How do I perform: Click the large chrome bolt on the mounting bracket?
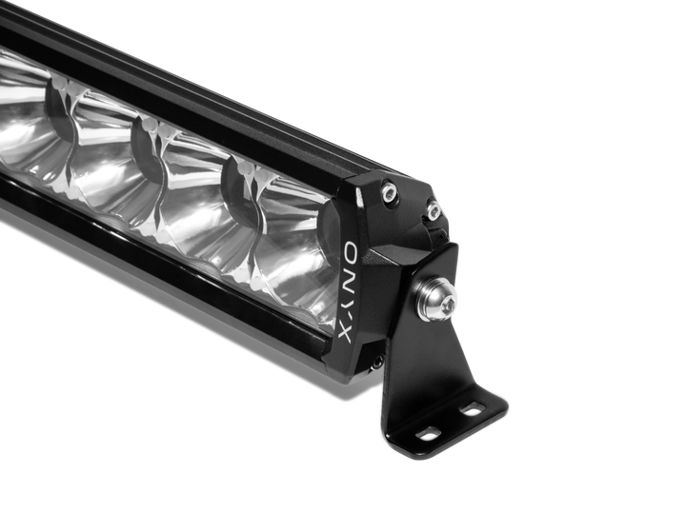tap(436, 299)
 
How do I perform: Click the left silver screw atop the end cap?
tap(389, 191)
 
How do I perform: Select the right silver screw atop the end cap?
tap(434, 209)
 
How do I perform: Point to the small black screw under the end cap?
tap(378, 361)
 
